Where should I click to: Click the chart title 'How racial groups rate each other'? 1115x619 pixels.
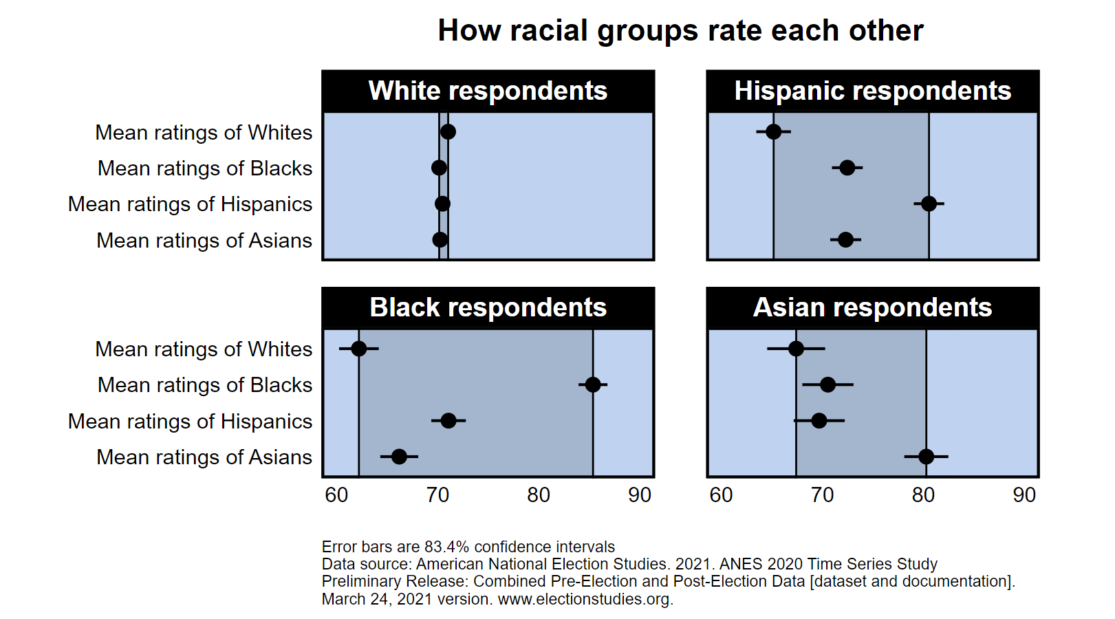click(x=680, y=31)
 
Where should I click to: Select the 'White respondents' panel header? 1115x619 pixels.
click(x=488, y=91)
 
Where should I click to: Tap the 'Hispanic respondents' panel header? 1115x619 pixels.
click(x=872, y=91)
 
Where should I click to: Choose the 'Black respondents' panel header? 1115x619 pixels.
click(x=488, y=307)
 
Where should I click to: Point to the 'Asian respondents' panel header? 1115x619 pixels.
click(x=872, y=307)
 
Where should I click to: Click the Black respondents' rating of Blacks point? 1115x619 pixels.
click(x=593, y=384)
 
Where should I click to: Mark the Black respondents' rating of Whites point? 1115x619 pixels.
click(x=358, y=349)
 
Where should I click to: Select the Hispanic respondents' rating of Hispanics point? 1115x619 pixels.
click(x=929, y=204)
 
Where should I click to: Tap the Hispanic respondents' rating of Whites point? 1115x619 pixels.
click(x=773, y=131)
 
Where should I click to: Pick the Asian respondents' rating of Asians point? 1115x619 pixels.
click(x=926, y=456)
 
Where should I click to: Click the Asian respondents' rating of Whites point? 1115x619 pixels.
click(x=796, y=349)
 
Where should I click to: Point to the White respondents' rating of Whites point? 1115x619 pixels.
click(x=448, y=131)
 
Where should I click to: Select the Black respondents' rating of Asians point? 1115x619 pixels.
click(x=399, y=456)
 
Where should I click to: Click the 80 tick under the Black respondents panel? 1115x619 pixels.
click(x=539, y=495)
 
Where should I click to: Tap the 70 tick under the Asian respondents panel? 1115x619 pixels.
click(x=822, y=495)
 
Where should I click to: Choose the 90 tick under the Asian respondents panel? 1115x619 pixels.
click(x=1024, y=495)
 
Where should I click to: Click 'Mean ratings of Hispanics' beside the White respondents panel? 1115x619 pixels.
click(x=190, y=204)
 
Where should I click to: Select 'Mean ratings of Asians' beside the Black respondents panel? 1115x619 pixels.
click(x=204, y=457)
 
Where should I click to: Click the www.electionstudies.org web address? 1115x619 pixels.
click(x=585, y=599)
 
